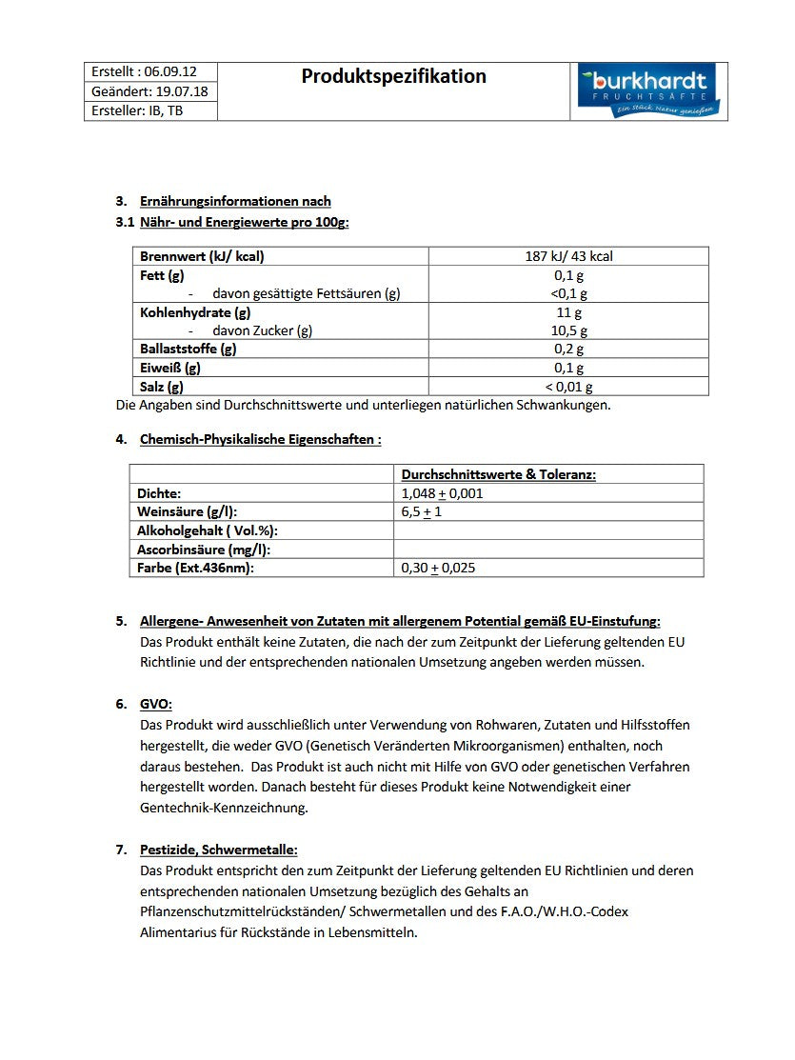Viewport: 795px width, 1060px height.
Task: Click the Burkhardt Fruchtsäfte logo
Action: point(648,91)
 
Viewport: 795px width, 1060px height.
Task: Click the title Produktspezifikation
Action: point(393,76)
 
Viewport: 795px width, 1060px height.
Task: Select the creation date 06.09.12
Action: point(171,71)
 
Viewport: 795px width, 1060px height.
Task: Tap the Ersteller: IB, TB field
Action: point(137,110)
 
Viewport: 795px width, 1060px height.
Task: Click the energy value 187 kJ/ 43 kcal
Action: point(568,256)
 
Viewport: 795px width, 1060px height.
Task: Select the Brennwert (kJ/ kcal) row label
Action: point(202,256)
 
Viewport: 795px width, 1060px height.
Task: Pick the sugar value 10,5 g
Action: point(568,330)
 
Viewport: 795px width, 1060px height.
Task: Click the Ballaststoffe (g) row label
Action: point(188,349)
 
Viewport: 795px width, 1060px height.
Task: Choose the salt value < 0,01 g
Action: point(568,386)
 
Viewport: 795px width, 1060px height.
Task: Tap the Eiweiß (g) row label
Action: point(169,368)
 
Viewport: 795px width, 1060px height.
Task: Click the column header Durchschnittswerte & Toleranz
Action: point(498,474)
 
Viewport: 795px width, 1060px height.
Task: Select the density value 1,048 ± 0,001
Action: point(442,493)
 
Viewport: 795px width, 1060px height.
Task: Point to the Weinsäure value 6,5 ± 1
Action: point(422,511)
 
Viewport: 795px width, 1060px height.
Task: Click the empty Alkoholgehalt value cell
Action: point(547,530)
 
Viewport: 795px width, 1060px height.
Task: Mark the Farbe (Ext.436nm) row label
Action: point(195,568)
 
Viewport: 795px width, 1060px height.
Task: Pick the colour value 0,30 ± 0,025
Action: point(438,568)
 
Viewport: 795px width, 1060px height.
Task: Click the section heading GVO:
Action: point(156,704)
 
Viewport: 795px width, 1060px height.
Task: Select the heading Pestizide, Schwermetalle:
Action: point(218,850)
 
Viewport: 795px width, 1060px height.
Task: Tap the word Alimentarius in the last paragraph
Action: point(182,932)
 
